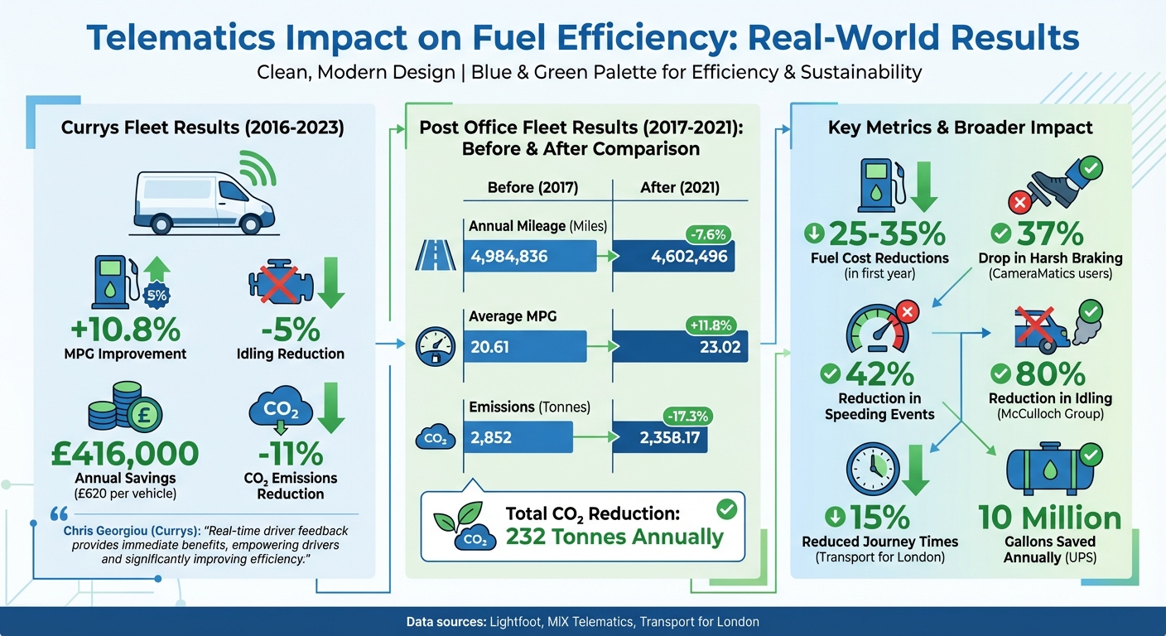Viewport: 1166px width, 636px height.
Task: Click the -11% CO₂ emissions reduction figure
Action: (289, 454)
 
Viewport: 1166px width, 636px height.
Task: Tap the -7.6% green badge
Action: (706, 233)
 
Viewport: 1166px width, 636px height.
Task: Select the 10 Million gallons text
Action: (1049, 518)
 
